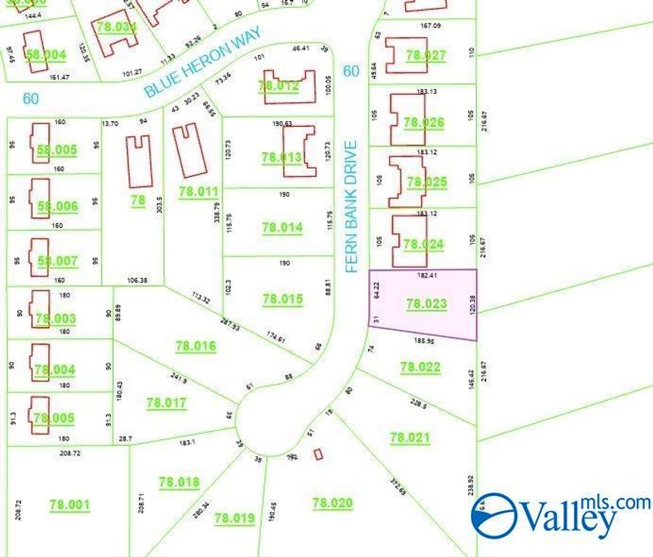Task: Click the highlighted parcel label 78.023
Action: [426, 305]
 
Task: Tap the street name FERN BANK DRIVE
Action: [352, 207]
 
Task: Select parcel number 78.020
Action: [332, 503]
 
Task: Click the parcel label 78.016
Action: [196, 347]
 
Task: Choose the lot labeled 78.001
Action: [70, 505]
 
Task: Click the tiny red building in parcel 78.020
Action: [318, 454]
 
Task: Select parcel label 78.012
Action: [278, 86]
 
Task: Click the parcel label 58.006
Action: [57, 207]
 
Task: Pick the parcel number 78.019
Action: [235, 518]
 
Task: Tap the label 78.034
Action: [117, 28]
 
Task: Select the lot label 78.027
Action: [426, 55]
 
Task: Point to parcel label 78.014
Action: [282, 228]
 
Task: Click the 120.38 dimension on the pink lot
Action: [473, 305]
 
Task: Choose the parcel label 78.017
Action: [166, 403]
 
